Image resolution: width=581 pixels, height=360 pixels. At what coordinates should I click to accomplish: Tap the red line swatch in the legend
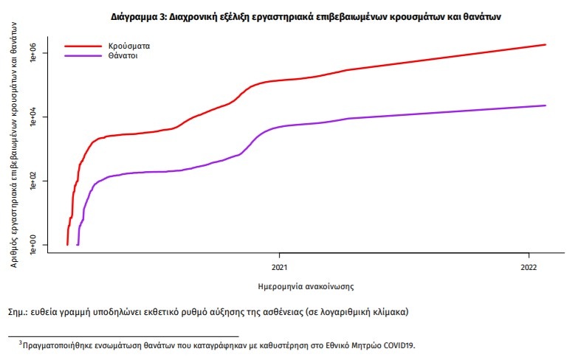[x=83, y=46]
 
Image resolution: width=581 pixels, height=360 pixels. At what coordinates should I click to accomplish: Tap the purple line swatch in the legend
[x=83, y=55]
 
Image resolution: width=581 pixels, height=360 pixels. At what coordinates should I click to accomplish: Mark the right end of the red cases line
[x=545, y=45]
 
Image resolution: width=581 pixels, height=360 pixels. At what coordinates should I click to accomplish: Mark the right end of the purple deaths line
[x=545, y=105]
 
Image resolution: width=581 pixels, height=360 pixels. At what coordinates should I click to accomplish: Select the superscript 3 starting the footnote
[x=21, y=342]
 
